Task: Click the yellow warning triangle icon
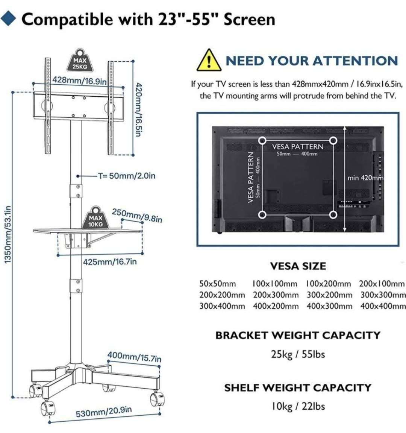tap(209, 61)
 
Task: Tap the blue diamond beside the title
tap(9, 18)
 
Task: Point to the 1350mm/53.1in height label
tap(8, 234)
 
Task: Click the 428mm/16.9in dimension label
tap(79, 81)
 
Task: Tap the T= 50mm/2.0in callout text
tap(127, 176)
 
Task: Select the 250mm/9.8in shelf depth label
tap(137, 216)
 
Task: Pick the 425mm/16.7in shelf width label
tap(110, 261)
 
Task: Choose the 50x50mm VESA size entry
tap(218, 284)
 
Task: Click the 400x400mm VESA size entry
tap(383, 306)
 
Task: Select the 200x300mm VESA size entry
tap(276, 295)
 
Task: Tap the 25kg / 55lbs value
tap(298, 354)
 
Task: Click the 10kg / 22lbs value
tap(298, 407)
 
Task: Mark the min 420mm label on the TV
tap(365, 178)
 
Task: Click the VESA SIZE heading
tap(298, 266)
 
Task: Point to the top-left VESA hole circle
tap(262, 140)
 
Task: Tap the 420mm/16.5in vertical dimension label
tap(139, 109)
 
